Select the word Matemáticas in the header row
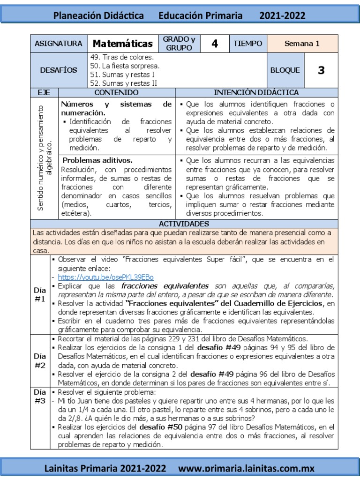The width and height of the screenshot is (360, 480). coord(123,44)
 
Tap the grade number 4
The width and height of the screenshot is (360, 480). coord(215,44)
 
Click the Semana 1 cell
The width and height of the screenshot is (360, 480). coord(302,44)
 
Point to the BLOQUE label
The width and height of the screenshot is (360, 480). coord(285,70)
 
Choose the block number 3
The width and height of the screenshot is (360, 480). coord(321,70)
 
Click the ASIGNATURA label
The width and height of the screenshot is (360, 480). coord(59,44)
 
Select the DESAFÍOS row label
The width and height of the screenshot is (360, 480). coord(59,70)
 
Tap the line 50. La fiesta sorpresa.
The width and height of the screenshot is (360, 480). coord(125,66)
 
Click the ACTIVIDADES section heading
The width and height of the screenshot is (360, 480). coord(184,224)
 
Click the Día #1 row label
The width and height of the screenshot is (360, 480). coord(40,294)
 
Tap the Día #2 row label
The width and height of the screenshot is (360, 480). coord(40,360)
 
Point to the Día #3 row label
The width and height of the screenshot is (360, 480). coord(40,397)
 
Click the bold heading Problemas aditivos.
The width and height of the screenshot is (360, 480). coord(97,160)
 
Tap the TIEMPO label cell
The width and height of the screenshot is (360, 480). coord(248,44)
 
